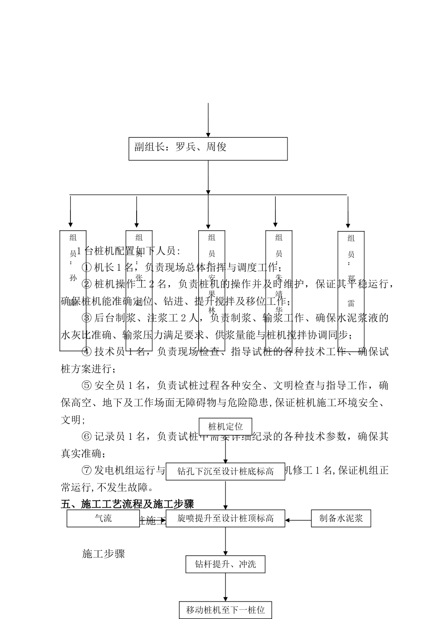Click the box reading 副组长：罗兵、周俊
(208, 149)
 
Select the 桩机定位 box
(225, 426)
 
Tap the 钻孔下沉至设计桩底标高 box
(225, 471)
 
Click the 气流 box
(103, 518)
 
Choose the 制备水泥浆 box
(341, 518)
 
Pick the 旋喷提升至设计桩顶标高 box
(225, 518)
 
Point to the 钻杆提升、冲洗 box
(225, 564)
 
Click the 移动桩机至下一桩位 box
(225, 610)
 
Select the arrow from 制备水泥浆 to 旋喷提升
(298, 520)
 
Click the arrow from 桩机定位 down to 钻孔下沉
(225, 449)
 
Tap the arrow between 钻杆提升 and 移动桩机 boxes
(225, 587)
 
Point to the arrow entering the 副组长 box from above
(208, 120)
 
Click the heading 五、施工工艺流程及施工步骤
(127, 504)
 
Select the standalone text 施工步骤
(103, 554)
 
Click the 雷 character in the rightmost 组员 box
(351, 304)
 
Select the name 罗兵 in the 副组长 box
(186, 147)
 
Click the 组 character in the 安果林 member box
(212, 238)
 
